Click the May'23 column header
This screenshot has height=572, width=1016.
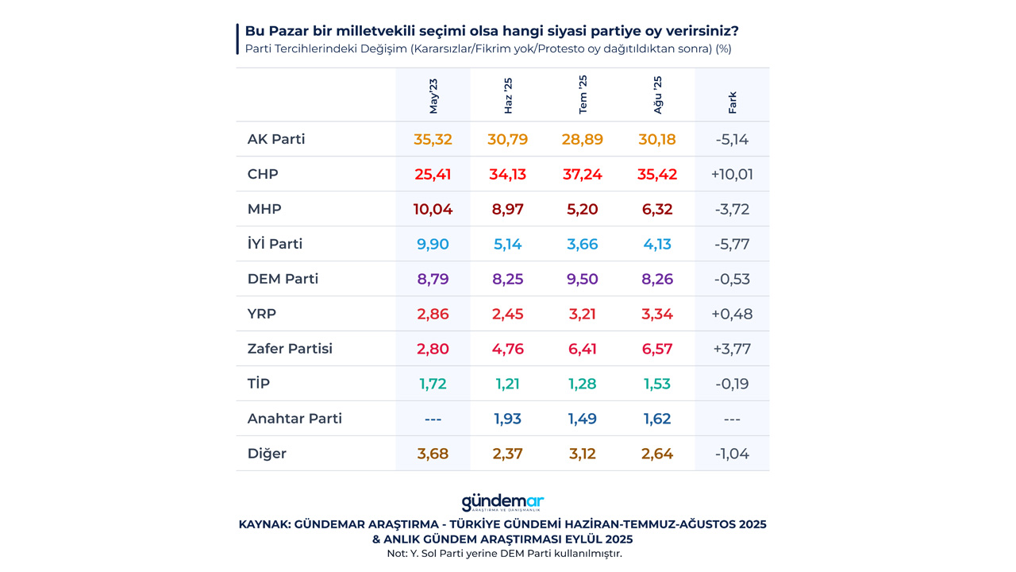click(433, 96)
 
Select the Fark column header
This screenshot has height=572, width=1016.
click(732, 102)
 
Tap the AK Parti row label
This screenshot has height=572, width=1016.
click(276, 139)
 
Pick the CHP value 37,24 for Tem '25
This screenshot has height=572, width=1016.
click(583, 174)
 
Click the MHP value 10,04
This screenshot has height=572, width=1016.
click(433, 209)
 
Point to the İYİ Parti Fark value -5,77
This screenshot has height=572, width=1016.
click(732, 244)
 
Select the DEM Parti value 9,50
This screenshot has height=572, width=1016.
click(583, 279)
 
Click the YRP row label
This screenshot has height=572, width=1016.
click(262, 314)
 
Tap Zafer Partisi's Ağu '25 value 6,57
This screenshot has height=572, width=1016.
click(657, 349)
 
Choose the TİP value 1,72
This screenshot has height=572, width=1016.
click(433, 384)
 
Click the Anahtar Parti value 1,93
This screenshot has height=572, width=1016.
click(508, 419)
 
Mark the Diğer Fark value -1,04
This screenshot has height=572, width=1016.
click(732, 454)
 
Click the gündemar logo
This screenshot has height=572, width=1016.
click(502, 503)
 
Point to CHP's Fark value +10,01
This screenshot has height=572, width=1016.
click(732, 174)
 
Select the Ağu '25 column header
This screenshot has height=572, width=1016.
click(657, 95)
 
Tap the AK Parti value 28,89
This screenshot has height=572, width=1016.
click(583, 139)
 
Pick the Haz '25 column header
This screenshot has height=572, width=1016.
click(508, 95)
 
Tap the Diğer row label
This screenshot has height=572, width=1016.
click(267, 454)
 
